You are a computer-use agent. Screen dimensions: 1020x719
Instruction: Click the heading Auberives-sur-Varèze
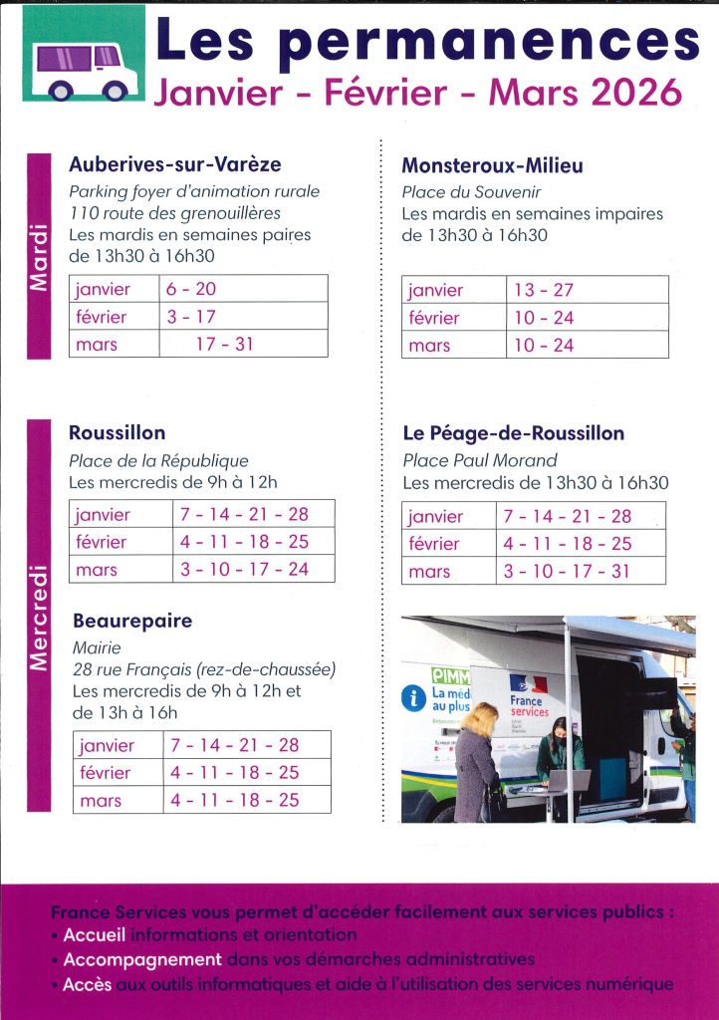(175, 164)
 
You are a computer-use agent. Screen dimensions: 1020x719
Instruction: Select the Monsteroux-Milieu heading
(492, 165)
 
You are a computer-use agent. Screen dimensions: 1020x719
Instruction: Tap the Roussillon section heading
(118, 432)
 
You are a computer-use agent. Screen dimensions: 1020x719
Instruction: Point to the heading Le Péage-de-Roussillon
(513, 433)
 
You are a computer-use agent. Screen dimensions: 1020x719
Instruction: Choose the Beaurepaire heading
(132, 621)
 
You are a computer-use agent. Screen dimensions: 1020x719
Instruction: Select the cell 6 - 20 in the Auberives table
(192, 289)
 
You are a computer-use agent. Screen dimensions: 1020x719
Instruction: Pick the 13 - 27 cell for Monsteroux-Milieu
(544, 290)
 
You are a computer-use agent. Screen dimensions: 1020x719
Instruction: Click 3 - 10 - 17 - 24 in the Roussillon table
(244, 570)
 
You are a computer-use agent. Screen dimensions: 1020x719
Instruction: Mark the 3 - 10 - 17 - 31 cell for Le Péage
(568, 572)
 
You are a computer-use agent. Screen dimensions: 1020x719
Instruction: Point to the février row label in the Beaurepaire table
(105, 772)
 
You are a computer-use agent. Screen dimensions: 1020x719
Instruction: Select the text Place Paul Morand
(479, 460)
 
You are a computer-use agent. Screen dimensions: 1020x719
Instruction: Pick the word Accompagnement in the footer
(141, 959)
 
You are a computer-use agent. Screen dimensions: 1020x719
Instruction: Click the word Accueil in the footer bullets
(95, 935)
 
